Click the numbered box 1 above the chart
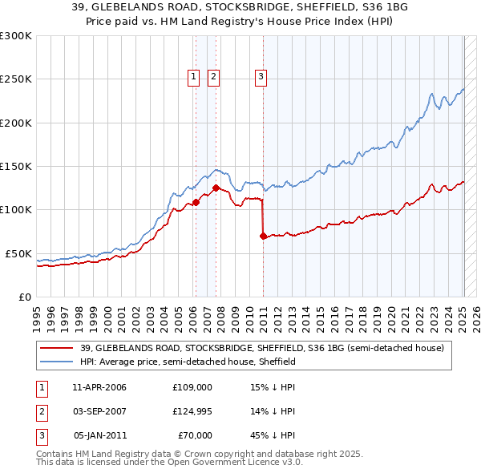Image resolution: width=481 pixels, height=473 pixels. (194, 77)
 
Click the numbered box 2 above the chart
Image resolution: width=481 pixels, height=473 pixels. (214, 77)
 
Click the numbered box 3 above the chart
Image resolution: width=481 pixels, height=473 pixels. (261, 77)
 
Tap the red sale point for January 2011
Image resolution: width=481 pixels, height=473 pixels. (263, 236)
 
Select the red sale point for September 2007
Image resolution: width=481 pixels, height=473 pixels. (216, 188)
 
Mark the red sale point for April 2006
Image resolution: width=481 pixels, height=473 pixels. (196, 202)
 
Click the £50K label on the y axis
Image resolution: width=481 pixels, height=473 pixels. (18, 253)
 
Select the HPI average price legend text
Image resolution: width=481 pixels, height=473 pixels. (188, 362)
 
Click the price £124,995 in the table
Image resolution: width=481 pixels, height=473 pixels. (192, 411)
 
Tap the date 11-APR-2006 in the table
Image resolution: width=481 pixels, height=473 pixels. (99, 387)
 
